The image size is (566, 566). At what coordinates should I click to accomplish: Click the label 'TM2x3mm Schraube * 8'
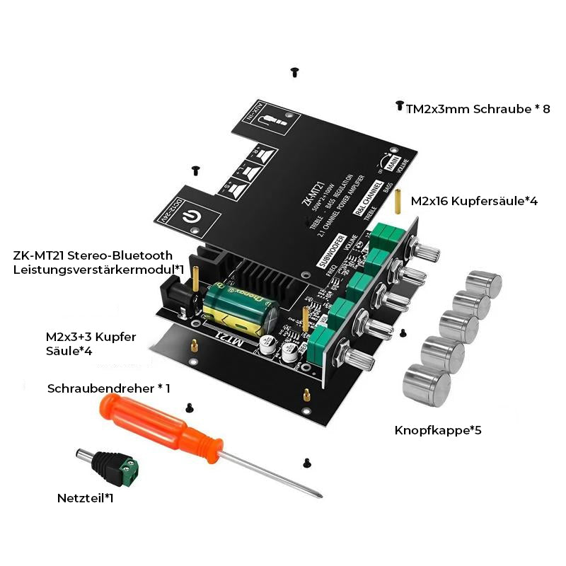coord(478,109)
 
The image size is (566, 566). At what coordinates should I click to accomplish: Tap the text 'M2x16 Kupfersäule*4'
coord(474,201)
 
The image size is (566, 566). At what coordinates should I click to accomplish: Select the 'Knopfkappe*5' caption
coord(438,429)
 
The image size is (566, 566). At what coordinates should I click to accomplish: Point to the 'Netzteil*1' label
coord(85,498)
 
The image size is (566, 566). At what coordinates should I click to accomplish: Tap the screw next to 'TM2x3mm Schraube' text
coord(399,105)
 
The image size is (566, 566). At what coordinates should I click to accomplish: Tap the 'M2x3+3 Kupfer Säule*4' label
coord(90,343)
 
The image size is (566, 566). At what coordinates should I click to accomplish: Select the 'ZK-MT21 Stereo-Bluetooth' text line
coord(92,256)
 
